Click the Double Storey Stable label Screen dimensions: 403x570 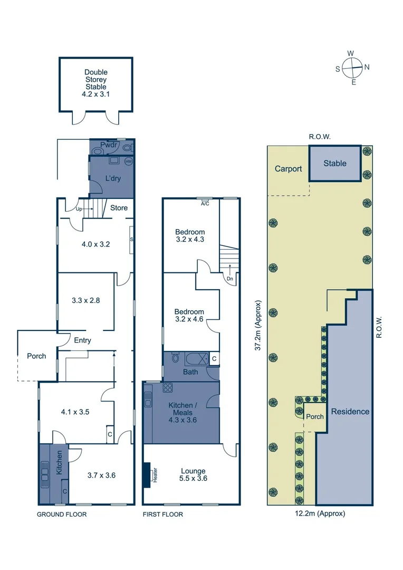click(x=95, y=83)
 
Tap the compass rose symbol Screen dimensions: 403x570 click(x=352, y=67)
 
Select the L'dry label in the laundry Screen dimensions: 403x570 click(x=112, y=178)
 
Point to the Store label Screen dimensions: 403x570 click(x=119, y=208)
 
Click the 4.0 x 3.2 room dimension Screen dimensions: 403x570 click(x=95, y=244)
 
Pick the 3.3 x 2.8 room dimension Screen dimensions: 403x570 click(x=85, y=300)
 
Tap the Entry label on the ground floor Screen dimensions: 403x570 click(x=82, y=340)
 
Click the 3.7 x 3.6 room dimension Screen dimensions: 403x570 click(x=101, y=475)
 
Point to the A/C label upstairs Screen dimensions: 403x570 click(x=205, y=203)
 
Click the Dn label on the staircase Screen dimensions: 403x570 click(x=229, y=279)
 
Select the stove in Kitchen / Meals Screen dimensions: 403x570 click(x=168, y=388)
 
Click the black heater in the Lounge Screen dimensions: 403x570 click(x=147, y=476)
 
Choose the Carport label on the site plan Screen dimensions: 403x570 click(x=288, y=169)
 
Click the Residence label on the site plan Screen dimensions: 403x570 click(x=350, y=411)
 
